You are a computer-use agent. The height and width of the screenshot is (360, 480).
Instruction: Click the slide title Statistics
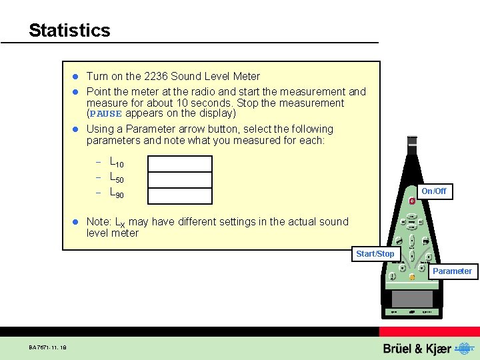point(69,31)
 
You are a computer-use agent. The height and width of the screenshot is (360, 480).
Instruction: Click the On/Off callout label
point(433,191)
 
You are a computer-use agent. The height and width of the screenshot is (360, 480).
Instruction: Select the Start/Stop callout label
point(375,254)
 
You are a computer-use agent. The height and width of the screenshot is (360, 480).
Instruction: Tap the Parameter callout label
point(452,271)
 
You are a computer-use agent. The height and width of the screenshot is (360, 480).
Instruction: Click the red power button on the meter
point(413,201)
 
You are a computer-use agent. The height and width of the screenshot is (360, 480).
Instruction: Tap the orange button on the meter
point(412,277)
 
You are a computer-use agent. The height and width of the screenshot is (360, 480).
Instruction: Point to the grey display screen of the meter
point(412,298)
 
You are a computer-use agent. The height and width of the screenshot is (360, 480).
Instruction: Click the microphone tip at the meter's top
point(412,141)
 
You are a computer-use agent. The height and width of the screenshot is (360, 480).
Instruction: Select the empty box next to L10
point(180,164)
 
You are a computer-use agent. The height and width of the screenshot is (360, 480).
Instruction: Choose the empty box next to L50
point(180,179)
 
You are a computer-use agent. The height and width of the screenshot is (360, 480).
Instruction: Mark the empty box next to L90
point(180,195)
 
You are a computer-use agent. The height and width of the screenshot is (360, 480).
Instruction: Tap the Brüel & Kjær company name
point(417,349)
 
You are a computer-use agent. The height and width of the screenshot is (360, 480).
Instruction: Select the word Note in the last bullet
point(99,222)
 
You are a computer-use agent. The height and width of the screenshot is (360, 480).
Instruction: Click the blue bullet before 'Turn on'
point(76,77)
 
